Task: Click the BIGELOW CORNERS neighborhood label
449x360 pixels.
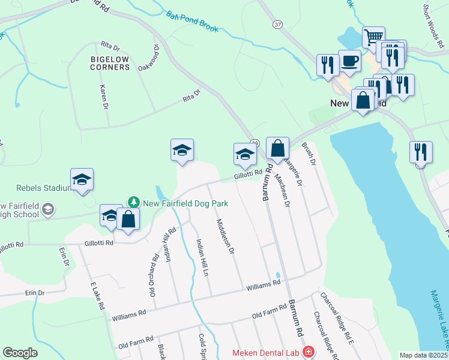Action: (110, 63)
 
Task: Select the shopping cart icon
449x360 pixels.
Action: (373, 37)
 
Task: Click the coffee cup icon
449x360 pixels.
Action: (349, 59)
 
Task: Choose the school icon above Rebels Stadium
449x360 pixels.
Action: (82, 179)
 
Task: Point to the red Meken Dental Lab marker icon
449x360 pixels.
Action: (308, 352)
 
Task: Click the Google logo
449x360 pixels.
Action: (20, 353)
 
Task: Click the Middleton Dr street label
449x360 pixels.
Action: (224, 236)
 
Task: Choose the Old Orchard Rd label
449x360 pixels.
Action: (154, 275)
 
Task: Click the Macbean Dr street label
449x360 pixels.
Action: (282, 190)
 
